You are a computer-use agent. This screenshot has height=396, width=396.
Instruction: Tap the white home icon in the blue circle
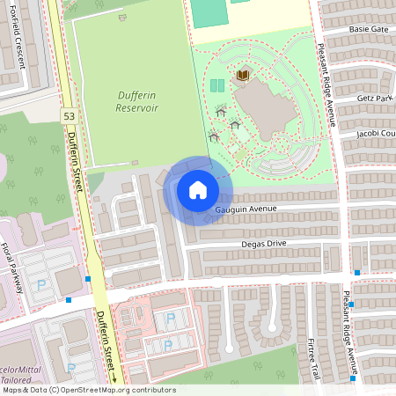point(197,189)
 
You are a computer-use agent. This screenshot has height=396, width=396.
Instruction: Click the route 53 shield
point(69,116)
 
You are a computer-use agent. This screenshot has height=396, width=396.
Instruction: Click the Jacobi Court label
point(376,134)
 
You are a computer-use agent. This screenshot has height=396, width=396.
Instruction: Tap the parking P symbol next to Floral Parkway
point(41,284)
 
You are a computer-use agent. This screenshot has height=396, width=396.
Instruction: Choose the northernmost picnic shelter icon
point(221,111)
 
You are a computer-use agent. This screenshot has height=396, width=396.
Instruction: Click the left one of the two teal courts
point(214,85)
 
